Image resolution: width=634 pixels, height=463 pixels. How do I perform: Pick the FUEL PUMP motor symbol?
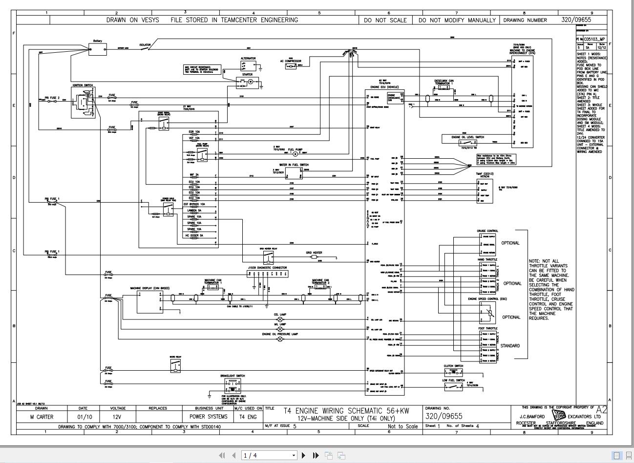click(x=295, y=153)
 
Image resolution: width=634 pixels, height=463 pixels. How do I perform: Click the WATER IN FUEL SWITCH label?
click(x=294, y=165)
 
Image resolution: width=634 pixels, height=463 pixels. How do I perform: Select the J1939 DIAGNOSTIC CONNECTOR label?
click(x=267, y=268)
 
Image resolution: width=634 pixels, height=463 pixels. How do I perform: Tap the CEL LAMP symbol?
click(x=280, y=320)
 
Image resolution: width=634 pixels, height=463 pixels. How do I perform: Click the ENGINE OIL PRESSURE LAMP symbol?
click(x=280, y=338)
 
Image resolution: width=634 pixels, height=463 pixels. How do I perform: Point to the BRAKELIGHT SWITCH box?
click(x=232, y=386)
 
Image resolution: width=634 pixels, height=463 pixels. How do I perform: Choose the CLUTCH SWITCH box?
click(x=453, y=373)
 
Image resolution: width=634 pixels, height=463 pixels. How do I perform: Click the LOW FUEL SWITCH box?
click(x=453, y=387)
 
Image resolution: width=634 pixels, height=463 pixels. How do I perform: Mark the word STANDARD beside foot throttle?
click(x=509, y=346)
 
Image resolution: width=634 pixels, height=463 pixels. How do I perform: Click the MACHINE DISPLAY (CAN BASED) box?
click(x=149, y=302)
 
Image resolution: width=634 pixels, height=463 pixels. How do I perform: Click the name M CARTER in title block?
click(x=42, y=417)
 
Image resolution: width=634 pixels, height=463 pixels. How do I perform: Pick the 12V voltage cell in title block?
click(x=118, y=417)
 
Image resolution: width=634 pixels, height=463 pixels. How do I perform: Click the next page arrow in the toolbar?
click(x=304, y=455)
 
